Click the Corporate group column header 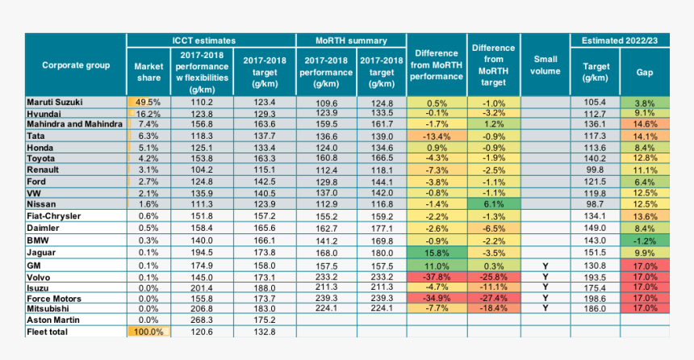[75, 65]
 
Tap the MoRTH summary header [350, 40]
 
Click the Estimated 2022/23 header [620, 40]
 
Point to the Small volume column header [546, 65]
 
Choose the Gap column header [644, 72]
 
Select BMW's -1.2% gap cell [644, 241]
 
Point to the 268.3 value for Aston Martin [201, 320]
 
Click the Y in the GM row [546, 264]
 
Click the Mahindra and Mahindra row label [74, 125]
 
